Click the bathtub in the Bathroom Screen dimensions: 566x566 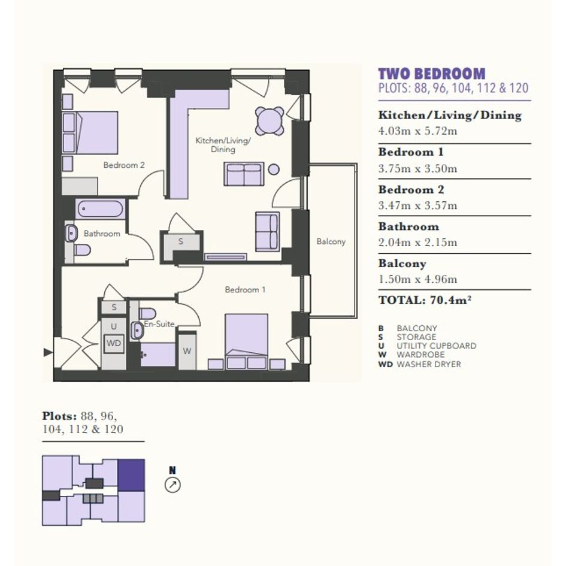click(x=101, y=209)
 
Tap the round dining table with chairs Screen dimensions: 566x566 click(x=270, y=121)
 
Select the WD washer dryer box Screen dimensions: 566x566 click(x=114, y=343)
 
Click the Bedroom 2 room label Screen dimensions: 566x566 click(x=124, y=165)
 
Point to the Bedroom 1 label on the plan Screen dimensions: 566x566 click(x=245, y=289)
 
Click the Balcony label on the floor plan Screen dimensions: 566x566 click(x=331, y=241)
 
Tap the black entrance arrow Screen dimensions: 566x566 click(x=48, y=352)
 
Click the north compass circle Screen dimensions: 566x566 click(x=172, y=485)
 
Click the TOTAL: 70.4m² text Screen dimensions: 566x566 click(x=425, y=300)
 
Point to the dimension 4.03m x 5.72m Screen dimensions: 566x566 click(x=417, y=131)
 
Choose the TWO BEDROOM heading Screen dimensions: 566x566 click(x=432, y=74)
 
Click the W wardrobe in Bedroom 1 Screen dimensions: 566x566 click(x=187, y=350)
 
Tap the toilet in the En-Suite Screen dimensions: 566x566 click(x=147, y=313)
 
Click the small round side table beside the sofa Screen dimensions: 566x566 click(x=274, y=169)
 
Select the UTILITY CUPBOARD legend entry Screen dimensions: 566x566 click(x=428, y=346)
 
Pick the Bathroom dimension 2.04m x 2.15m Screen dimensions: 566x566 click(x=417, y=242)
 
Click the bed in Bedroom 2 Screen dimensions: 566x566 click(x=90, y=132)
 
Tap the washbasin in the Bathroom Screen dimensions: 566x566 click(x=71, y=233)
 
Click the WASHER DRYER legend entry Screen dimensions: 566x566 click(x=420, y=364)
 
